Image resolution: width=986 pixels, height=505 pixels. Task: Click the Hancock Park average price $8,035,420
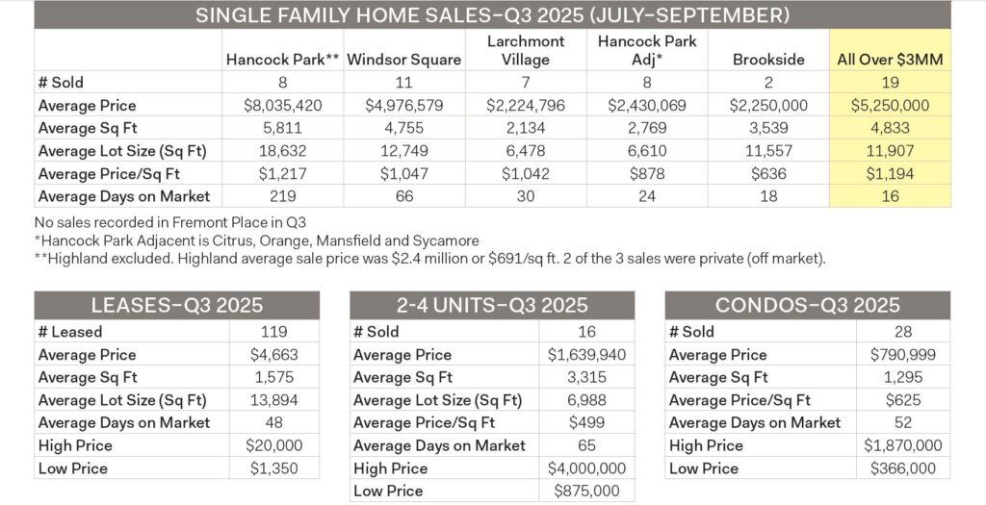282,105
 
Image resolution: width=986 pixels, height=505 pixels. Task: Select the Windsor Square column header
404,60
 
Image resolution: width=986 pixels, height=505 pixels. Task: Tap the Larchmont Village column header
527,51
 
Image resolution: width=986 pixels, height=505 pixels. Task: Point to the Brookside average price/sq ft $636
769,174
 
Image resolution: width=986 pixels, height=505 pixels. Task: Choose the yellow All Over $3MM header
890,60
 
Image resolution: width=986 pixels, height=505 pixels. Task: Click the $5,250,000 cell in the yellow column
890,105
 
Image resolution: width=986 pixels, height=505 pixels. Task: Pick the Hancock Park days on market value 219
282,197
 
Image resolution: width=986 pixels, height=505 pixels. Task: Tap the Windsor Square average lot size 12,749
404,151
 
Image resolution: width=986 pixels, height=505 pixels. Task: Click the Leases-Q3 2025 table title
177,306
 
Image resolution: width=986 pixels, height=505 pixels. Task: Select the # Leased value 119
274,332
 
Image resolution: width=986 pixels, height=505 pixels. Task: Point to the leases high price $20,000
274,445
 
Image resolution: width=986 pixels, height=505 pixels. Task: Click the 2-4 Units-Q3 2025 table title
491,306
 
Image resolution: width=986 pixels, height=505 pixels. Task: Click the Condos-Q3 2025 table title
807,306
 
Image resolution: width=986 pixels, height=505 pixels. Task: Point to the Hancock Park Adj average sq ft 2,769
647,128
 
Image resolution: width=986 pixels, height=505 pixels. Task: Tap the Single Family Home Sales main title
492,15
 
